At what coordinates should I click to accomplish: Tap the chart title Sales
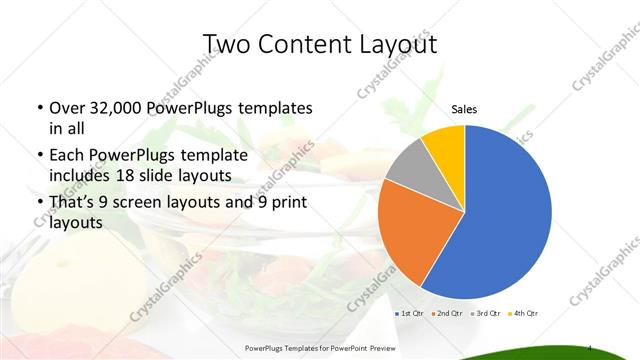[464, 109]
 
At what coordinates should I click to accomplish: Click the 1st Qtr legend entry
[409, 313]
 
